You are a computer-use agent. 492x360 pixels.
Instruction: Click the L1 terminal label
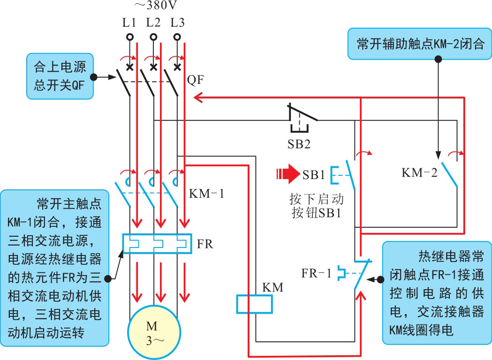click(x=129, y=22)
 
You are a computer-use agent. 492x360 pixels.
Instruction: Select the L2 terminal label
click(x=153, y=22)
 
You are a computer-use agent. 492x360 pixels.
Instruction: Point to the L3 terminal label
click(x=178, y=22)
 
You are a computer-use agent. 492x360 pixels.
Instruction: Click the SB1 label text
click(x=314, y=175)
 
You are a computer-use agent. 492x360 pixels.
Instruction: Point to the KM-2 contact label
click(x=419, y=172)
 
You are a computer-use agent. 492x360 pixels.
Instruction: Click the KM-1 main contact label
click(x=206, y=193)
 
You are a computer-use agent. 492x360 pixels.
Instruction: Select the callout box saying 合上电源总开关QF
click(x=60, y=75)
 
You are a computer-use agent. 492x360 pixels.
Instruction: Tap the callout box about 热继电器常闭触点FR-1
click(x=437, y=293)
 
